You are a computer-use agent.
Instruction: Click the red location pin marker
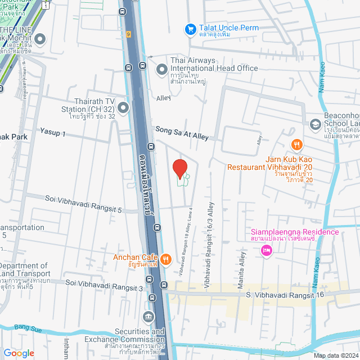click(x=179, y=169)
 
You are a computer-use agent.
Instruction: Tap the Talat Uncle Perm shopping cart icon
click(x=191, y=28)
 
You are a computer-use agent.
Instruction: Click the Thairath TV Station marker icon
click(x=125, y=107)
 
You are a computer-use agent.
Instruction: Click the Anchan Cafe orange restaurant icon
click(x=165, y=259)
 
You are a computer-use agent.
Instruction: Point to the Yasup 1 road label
click(x=53, y=133)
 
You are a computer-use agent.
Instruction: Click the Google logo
click(x=19, y=353)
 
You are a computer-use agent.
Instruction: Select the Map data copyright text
click(x=335, y=355)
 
